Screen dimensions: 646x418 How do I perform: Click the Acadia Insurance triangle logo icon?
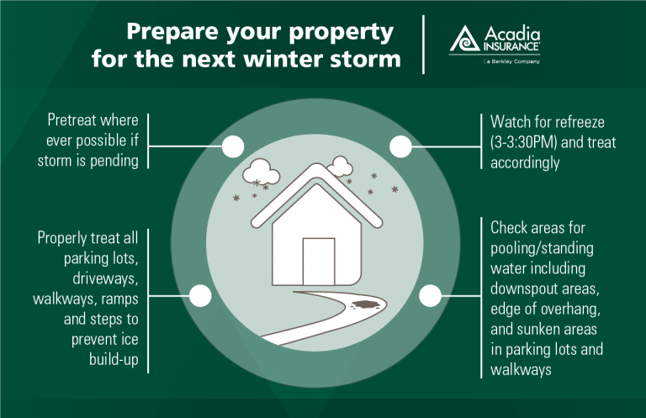464,40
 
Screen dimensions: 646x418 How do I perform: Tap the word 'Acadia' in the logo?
512,34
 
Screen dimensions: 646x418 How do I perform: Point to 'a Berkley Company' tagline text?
513,61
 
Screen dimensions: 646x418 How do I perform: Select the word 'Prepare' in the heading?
173,32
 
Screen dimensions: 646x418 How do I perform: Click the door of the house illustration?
319,262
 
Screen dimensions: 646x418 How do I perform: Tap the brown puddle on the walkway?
364,304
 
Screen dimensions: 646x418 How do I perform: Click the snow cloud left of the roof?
262,172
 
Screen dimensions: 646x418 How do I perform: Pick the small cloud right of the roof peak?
341,166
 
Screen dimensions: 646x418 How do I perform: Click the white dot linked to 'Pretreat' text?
233,146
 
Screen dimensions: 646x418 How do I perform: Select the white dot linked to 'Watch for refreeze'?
400,146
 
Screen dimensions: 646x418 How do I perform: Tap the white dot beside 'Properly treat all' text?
200,296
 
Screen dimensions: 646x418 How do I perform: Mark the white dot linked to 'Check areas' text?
430,296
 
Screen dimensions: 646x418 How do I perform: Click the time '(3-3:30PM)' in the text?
523,142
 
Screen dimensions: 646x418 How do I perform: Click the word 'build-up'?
114,359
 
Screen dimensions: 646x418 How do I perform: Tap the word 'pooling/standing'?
542,248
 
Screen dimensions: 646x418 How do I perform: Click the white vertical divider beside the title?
424,45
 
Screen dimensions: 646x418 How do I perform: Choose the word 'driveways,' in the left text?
105,278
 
